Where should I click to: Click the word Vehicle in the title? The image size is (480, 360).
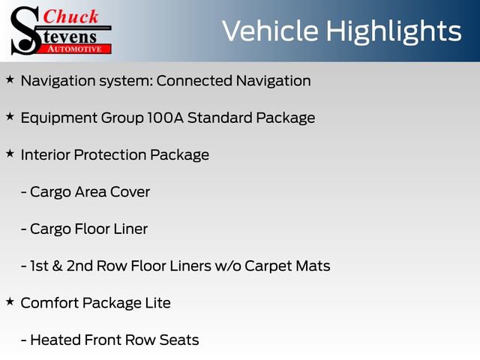268,31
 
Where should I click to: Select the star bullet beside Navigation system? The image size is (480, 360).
10,79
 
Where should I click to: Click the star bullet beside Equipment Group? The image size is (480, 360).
10,116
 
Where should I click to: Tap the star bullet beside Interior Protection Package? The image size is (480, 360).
10,153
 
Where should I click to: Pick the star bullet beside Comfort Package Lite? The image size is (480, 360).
10,301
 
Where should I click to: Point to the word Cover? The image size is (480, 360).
130,192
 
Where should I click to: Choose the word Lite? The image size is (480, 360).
157,303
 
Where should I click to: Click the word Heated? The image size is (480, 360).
55,340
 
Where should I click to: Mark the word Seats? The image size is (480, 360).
179,340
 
